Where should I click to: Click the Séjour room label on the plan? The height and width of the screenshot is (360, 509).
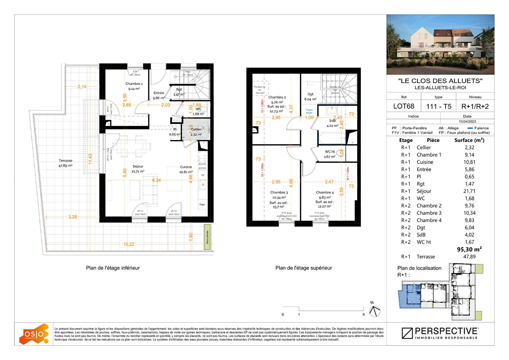point(138,166)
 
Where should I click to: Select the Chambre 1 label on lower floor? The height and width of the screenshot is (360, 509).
point(134,84)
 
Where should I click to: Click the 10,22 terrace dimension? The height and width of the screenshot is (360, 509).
point(129,244)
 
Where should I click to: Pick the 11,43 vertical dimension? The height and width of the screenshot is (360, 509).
point(90,159)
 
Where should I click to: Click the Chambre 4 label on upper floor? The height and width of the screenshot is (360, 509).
point(324,192)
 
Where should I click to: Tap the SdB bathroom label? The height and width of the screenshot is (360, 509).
point(332,121)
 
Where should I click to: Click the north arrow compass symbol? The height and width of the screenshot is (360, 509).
point(375,310)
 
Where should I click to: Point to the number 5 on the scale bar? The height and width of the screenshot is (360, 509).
point(363,315)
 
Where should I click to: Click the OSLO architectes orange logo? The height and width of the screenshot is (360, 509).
point(34,334)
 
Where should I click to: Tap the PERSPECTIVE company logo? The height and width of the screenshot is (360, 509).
point(440,333)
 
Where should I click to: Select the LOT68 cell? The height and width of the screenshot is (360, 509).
point(404,106)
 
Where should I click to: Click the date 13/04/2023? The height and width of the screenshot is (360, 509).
point(467,122)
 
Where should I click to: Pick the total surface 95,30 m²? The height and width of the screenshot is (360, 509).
point(469,249)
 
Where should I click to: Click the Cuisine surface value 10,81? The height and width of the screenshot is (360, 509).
point(469,162)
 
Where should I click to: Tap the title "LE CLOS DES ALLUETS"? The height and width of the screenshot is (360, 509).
point(440,81)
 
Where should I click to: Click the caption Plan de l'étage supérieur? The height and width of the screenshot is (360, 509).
point(303,268)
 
